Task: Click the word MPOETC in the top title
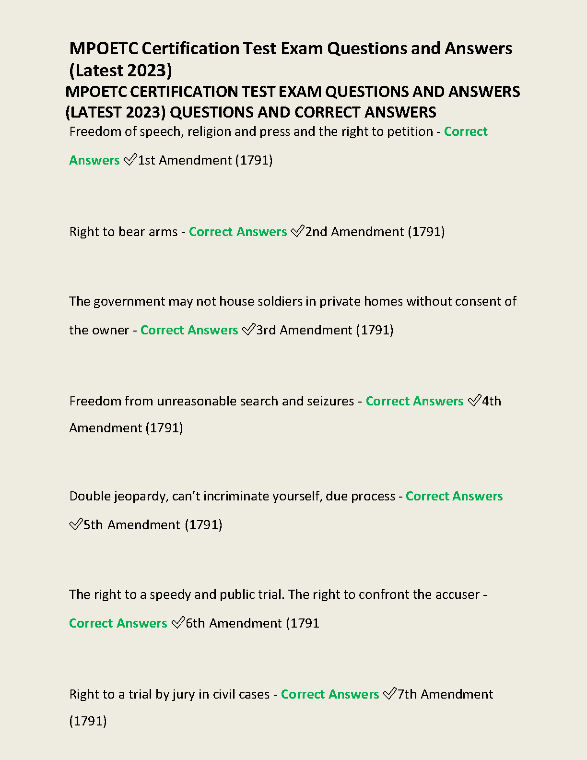coord(104,48)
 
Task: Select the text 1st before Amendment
coord(146,160)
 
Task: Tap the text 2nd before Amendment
coord(316,232)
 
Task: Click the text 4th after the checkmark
coord(492,401)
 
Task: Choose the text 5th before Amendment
coord(93,525)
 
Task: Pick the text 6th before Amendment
coord(195,623)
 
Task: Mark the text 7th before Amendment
coord(407,694)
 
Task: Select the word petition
coord(411,131)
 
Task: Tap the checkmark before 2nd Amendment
coord(297,231)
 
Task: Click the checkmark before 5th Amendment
coord(76,524)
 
